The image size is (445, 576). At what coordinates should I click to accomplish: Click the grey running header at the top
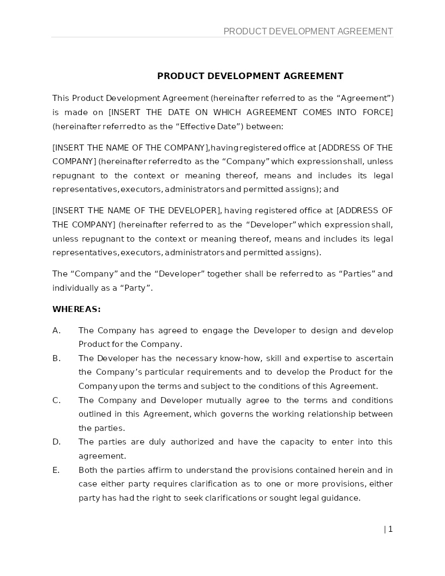tap(308, 32)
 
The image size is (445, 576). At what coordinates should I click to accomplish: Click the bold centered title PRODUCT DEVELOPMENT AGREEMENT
tap(250, 76)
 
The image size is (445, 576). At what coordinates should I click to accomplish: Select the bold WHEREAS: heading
tap(76, 309)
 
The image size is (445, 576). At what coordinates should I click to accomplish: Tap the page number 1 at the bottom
tap(390, 529)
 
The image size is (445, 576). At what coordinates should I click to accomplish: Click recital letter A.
tap(56, 331)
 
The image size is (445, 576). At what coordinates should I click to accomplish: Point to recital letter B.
tap(56, 358)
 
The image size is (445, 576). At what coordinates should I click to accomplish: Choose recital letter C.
tap(56, 400)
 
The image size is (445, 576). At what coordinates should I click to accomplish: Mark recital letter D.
tap(56, 442)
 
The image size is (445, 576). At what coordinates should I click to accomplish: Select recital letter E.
tap(56, 470)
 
